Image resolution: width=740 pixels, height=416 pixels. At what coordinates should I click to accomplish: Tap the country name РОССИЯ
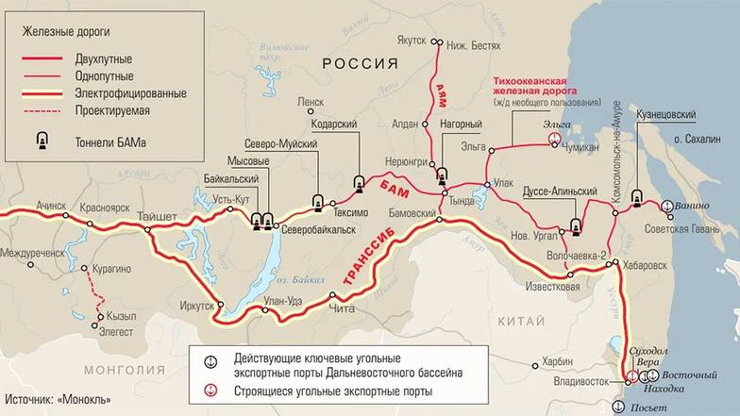pyautogui.click(x=360, y=63)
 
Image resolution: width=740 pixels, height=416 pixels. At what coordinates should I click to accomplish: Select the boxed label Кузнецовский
pyautogui.click(x=666, y=114)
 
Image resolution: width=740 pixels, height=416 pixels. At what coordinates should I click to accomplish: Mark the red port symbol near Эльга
pyautogui.click(x=554, y=139)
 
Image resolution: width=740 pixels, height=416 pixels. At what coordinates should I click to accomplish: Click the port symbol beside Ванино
pyautogui.click(x=666, y=204)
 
